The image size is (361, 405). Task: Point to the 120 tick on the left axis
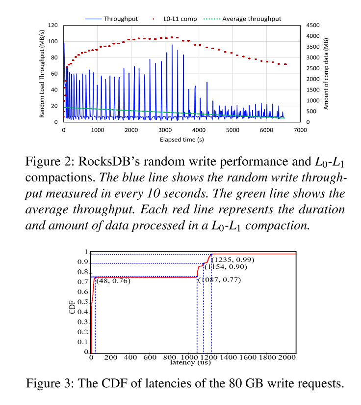[x=53, y=25]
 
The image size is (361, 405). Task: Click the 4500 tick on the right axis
[x=312, y=25]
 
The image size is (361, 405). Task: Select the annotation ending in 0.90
[x=226, y=267]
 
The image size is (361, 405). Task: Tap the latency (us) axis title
[x=190, y=363]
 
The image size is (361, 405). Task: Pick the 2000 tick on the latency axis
[x=287, y=358]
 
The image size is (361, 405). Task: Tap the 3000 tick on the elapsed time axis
[x=165, y=130]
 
